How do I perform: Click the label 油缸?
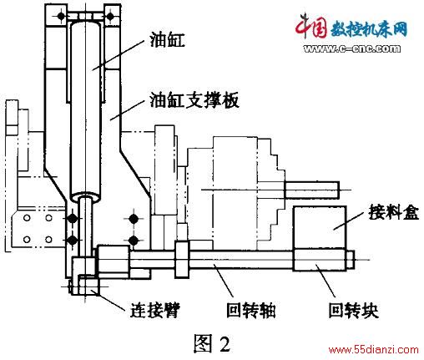[167, 39]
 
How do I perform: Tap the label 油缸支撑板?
[194, 100]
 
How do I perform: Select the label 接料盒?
[393, 212]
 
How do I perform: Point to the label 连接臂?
[155, 310]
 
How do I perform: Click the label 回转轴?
[251, 310]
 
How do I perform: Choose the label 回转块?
[353, 310]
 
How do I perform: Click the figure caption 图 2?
[212, 343]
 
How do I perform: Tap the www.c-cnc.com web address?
[351, 48]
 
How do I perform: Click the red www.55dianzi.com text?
[373, 349]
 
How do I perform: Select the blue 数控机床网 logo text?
[369, 29]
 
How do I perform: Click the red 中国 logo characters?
[311, 26]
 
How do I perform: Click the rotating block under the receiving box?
[320, 260]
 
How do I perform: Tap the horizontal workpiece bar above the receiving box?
[312, 190]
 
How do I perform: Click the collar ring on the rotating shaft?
[182, 260]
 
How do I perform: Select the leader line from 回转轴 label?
[224, 280]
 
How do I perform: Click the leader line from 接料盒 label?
[349, 221]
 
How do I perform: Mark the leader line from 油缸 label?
[118, 55]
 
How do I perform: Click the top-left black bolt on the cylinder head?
[61, 16]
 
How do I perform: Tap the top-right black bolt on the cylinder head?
[110, 16]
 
